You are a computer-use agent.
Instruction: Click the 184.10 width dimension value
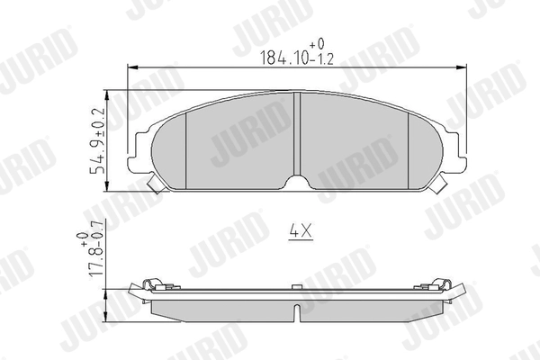click(284, 58)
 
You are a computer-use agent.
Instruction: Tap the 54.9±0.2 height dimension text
click(98, 141)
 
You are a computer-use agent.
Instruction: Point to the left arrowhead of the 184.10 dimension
click(132, 67)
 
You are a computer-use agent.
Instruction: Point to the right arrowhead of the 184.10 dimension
click(462, 67)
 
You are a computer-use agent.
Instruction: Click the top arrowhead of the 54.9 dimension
click(108, 95)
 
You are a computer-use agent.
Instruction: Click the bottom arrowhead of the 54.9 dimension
click(108, 185)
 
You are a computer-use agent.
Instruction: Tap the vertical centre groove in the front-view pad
click(297, 134)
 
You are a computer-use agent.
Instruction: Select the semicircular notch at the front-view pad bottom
click(297, 182)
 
